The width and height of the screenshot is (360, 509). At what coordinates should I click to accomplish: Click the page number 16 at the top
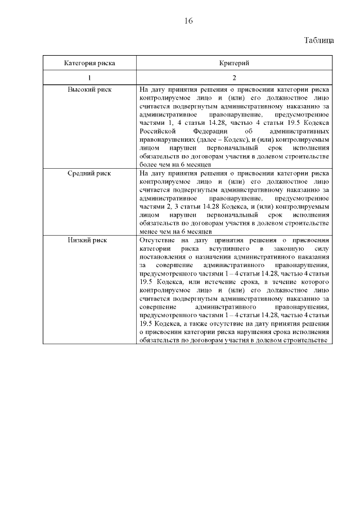pyautogui.click(x=188, y=21)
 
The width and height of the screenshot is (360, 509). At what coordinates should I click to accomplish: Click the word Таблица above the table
pyautogui.click(x=319, y=40)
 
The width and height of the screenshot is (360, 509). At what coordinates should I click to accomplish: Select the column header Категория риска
pyautogui.click(x=89, y=63)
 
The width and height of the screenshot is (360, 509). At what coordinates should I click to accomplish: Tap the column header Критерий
pyautogui.click(x=234, y=63)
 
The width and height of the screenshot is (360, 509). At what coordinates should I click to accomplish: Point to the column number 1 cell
pyautogui.click(x=89, y=78)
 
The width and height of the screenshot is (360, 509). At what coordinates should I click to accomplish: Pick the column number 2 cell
pyautogui.click(x=234, y=78)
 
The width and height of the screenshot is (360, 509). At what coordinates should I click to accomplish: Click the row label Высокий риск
pyautogui.click(x=89, y=89)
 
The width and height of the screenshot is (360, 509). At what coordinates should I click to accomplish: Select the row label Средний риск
pyautogui.click(x=89, y=173)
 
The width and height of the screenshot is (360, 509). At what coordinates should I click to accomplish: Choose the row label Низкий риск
pyautogui.click(x=89, y=240)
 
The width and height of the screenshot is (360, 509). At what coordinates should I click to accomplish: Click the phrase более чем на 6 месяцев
pyautogui.click(x=175, y=165)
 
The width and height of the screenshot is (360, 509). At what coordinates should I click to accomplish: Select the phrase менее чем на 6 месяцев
pyautogui.click(x=175, y=231)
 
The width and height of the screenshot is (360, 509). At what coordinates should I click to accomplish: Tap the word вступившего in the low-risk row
pyautogui.click(x=227, y=247)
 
